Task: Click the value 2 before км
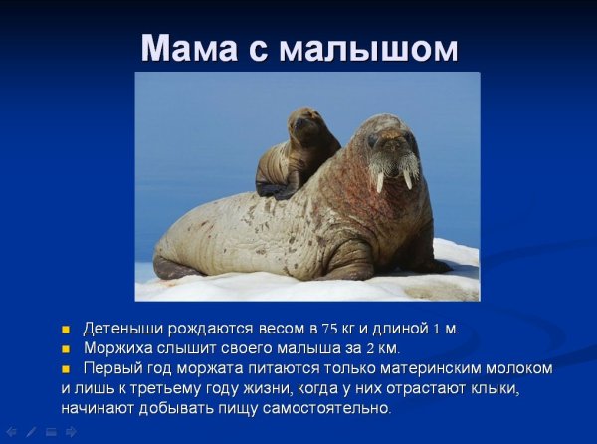370,348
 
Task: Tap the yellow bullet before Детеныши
67,329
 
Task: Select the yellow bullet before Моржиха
67,348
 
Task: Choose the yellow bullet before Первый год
67,369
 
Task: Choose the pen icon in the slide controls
30,432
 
